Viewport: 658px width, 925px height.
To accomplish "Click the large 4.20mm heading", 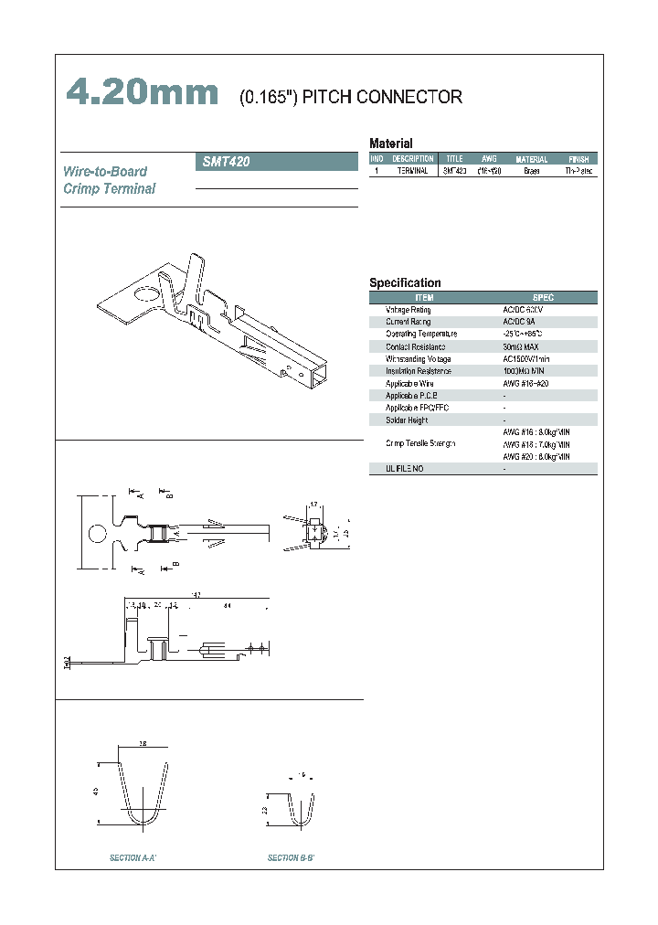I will (143, 93).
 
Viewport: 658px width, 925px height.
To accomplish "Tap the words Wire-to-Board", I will (105, 171).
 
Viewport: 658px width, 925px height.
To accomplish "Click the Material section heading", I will (390, 144).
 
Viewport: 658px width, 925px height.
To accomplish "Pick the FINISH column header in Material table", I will (578, 159).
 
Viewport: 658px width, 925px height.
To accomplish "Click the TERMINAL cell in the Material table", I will (412, 171).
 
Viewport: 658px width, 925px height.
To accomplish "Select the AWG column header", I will (489, 159).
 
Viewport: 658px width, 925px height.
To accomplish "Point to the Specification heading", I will (405, 283).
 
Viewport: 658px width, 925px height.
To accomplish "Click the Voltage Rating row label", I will (408, 310).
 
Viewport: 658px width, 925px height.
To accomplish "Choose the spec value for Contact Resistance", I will (521, 346).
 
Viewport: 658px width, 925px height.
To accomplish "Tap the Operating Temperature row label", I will (420, 335).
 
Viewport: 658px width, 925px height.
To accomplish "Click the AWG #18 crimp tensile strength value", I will (536, 443).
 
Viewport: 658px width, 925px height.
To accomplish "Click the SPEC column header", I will (543, 298).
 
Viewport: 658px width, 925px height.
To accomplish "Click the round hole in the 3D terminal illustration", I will (145, 295).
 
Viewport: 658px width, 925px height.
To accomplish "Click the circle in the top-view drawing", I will (95, 534).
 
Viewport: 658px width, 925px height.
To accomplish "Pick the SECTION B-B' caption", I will (291, 858).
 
